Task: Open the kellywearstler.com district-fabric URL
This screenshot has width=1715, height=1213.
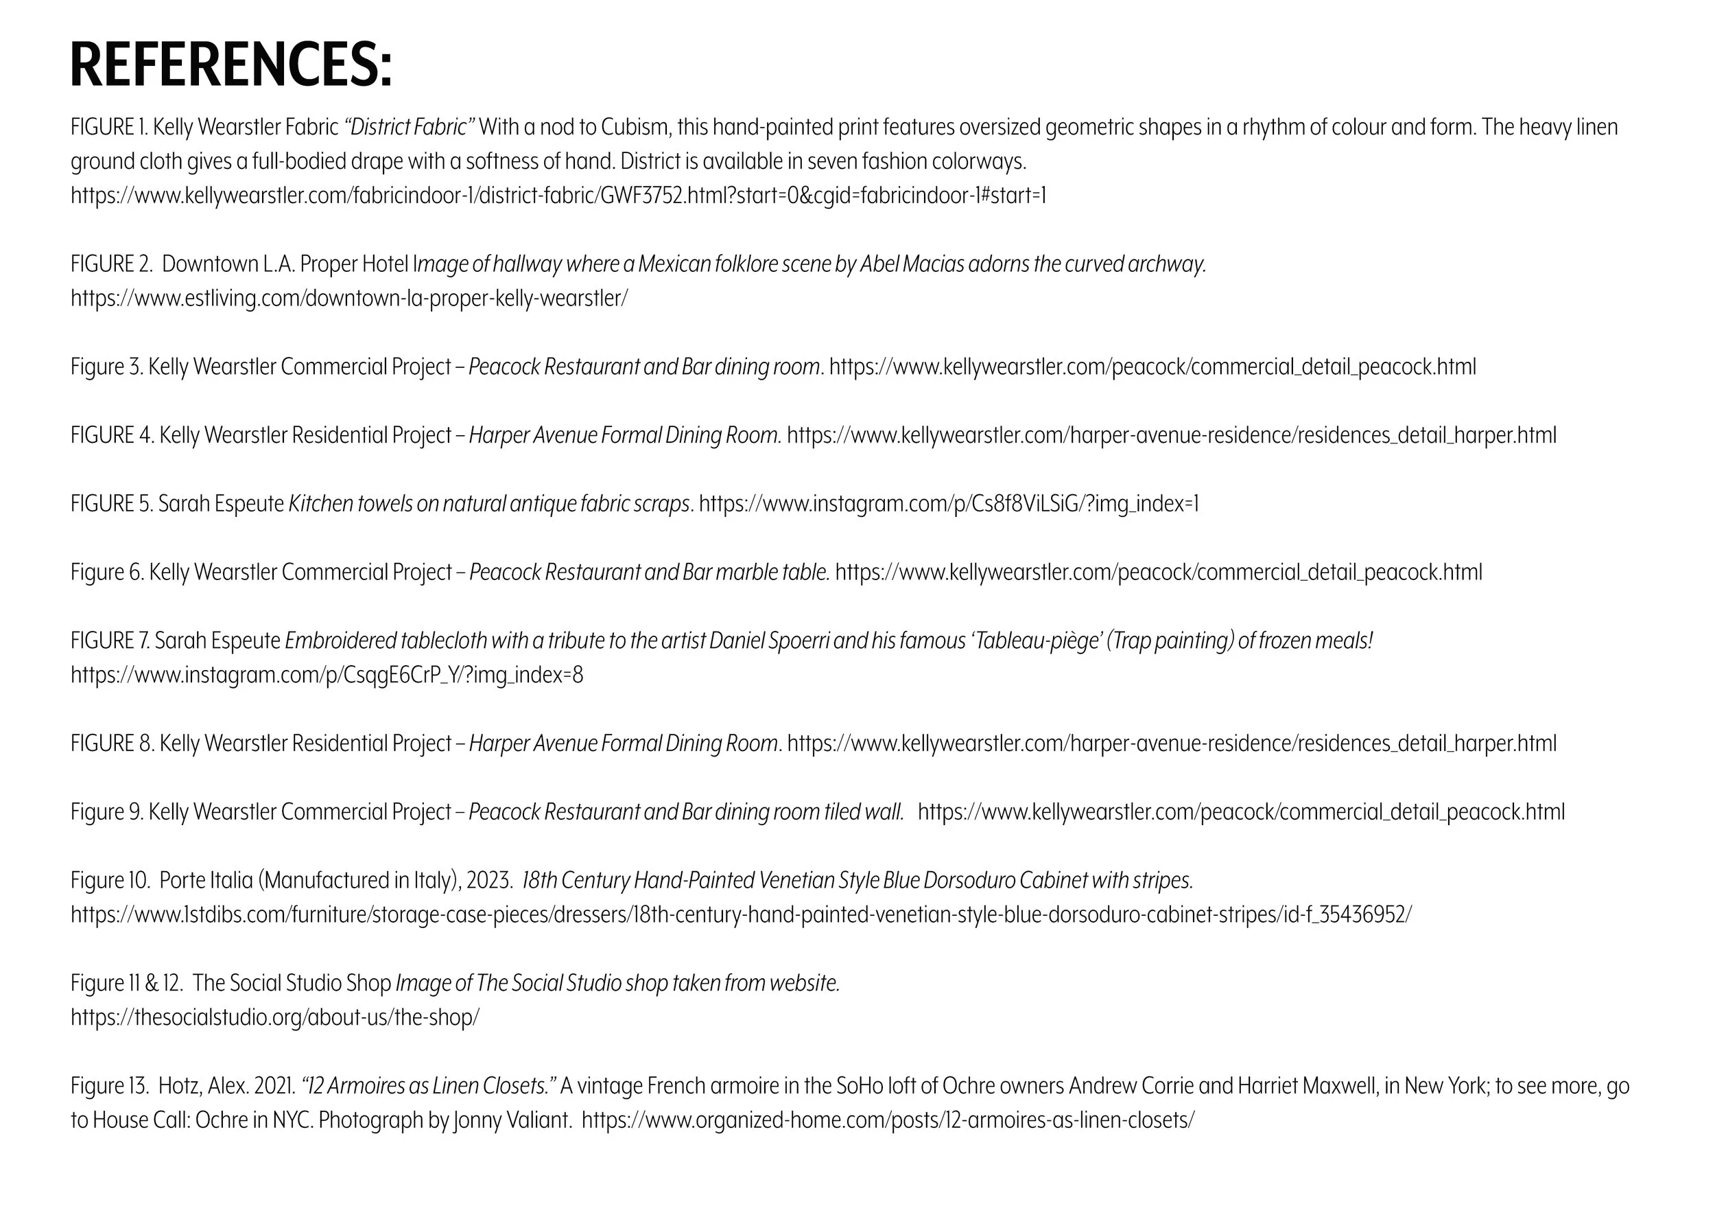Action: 558,196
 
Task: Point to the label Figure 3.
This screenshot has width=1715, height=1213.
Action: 106,367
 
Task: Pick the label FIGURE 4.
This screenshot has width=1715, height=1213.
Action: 112,435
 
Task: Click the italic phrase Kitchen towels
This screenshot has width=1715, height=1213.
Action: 351,504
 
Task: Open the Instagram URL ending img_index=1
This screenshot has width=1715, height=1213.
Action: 949,504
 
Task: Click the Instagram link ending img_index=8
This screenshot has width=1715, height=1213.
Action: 327,675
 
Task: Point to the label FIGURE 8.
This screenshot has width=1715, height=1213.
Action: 112,743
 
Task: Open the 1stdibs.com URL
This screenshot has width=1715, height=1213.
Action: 741,915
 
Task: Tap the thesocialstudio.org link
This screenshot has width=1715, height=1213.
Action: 275,1017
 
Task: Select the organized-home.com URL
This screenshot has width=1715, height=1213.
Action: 888,1120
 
